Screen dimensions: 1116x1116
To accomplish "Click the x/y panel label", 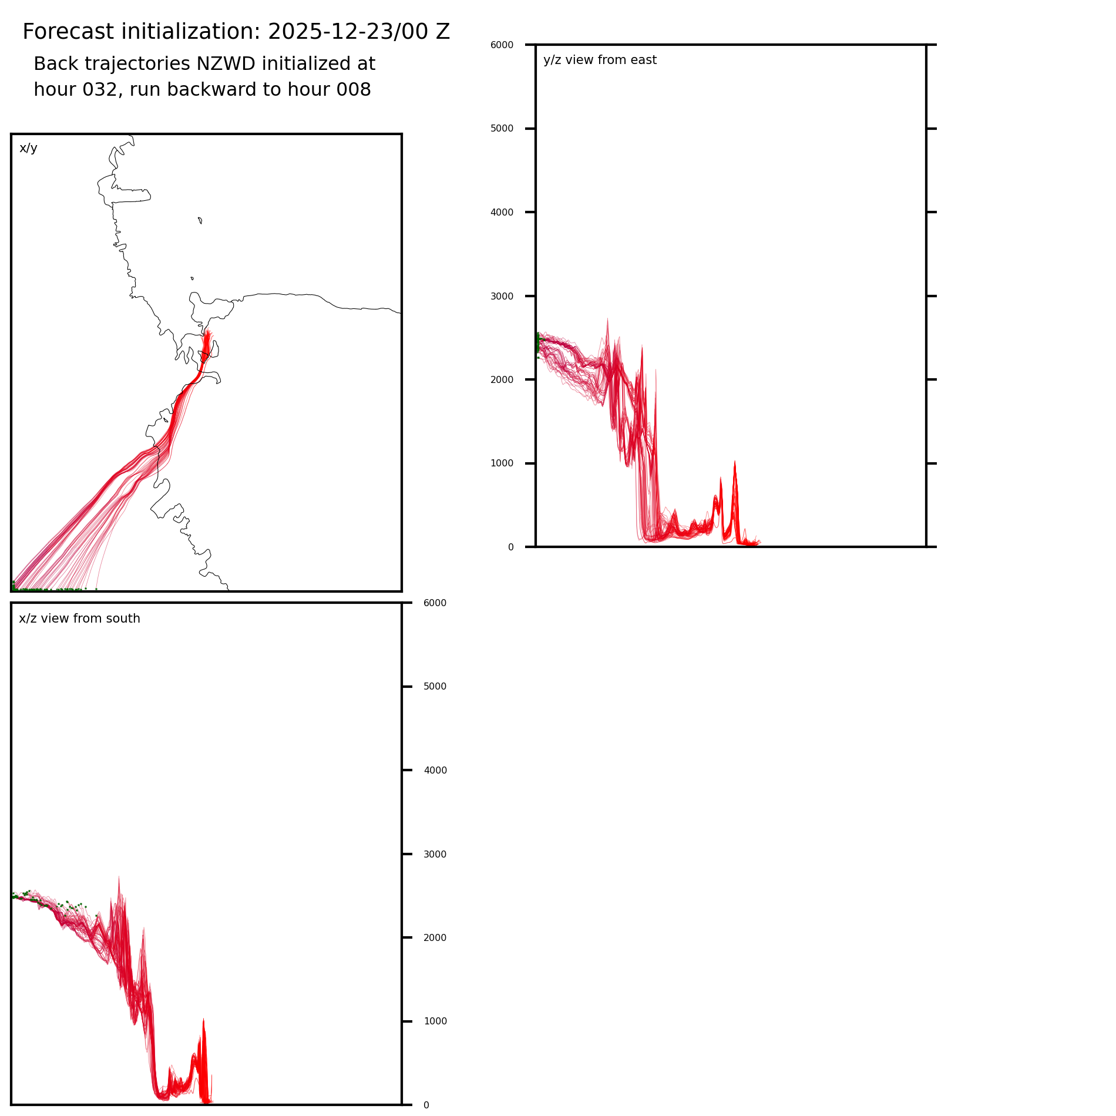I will tap(28, 148).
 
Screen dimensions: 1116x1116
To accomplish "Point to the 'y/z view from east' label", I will tap(600, 60).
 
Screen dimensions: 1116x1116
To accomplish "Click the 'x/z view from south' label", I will tap(79, 618).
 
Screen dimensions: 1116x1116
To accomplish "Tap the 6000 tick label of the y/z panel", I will tap(502, 45).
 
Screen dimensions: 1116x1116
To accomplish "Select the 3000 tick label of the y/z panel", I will tap(502, 296).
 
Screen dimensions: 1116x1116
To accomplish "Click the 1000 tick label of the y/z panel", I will tap(502, 463).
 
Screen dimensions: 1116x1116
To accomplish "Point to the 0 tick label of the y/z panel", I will tap(510, 547).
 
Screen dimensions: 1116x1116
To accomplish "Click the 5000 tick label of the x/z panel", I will tap(435, 687).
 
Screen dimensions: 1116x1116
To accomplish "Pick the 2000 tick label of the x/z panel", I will tap(435, 938).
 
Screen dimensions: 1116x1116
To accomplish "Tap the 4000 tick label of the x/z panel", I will tap(435, 771).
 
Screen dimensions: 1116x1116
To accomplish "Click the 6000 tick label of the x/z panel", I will tap(435, 603).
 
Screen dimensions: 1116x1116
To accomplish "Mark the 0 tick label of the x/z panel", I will tap(426, 1105).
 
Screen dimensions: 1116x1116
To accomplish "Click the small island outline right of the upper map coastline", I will tap(200, 220).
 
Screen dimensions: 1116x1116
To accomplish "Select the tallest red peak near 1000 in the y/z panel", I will tap(734, 464).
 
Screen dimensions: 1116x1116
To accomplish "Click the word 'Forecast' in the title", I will tap(62, 32).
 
